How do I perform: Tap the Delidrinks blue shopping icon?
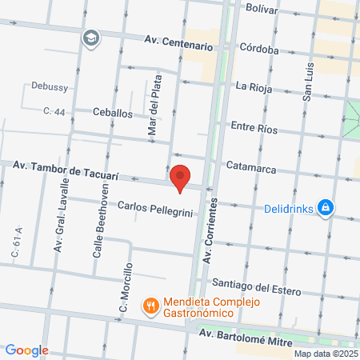coord(325,209)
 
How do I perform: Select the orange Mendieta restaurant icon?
coord(150,305)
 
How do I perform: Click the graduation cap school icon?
coord(91,38)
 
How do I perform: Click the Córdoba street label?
coord(258,50)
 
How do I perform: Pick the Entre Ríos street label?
coord(253,126)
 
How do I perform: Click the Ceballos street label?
coord(113,114)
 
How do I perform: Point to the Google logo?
coord(26,350)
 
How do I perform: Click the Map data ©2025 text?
coord(325,354)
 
